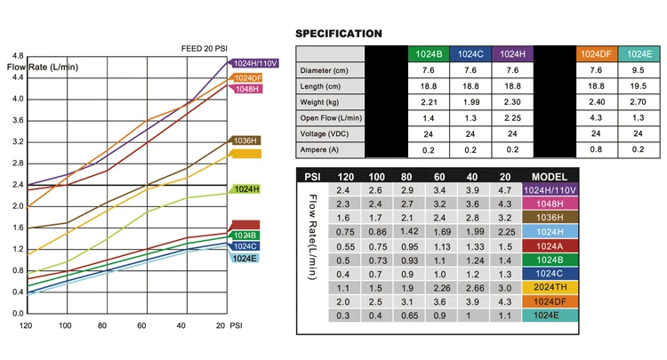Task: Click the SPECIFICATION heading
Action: pyautogui.click(x=339, y=34)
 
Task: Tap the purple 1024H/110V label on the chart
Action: pyautogui.click(x=255, y=63)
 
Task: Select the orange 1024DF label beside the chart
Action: pyautogui.click(x=246, y=77)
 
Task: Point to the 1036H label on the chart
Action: pyautogui.click(x=245, y=140)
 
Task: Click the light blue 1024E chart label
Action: pyautogui.click(x=245, y=258)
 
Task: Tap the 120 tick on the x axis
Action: pyautogui.click(x=25, y=326)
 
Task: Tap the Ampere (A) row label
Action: pyautogui.click(x=319, y=149)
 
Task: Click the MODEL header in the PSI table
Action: pyautogui.click(x=550, y=176)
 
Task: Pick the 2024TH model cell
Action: pyautogui.click(x=550, y=288)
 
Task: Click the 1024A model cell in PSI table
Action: pyautogui.click(x=550, y=245)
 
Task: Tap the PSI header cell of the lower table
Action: pyautogui.click(x=313, y=176)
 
